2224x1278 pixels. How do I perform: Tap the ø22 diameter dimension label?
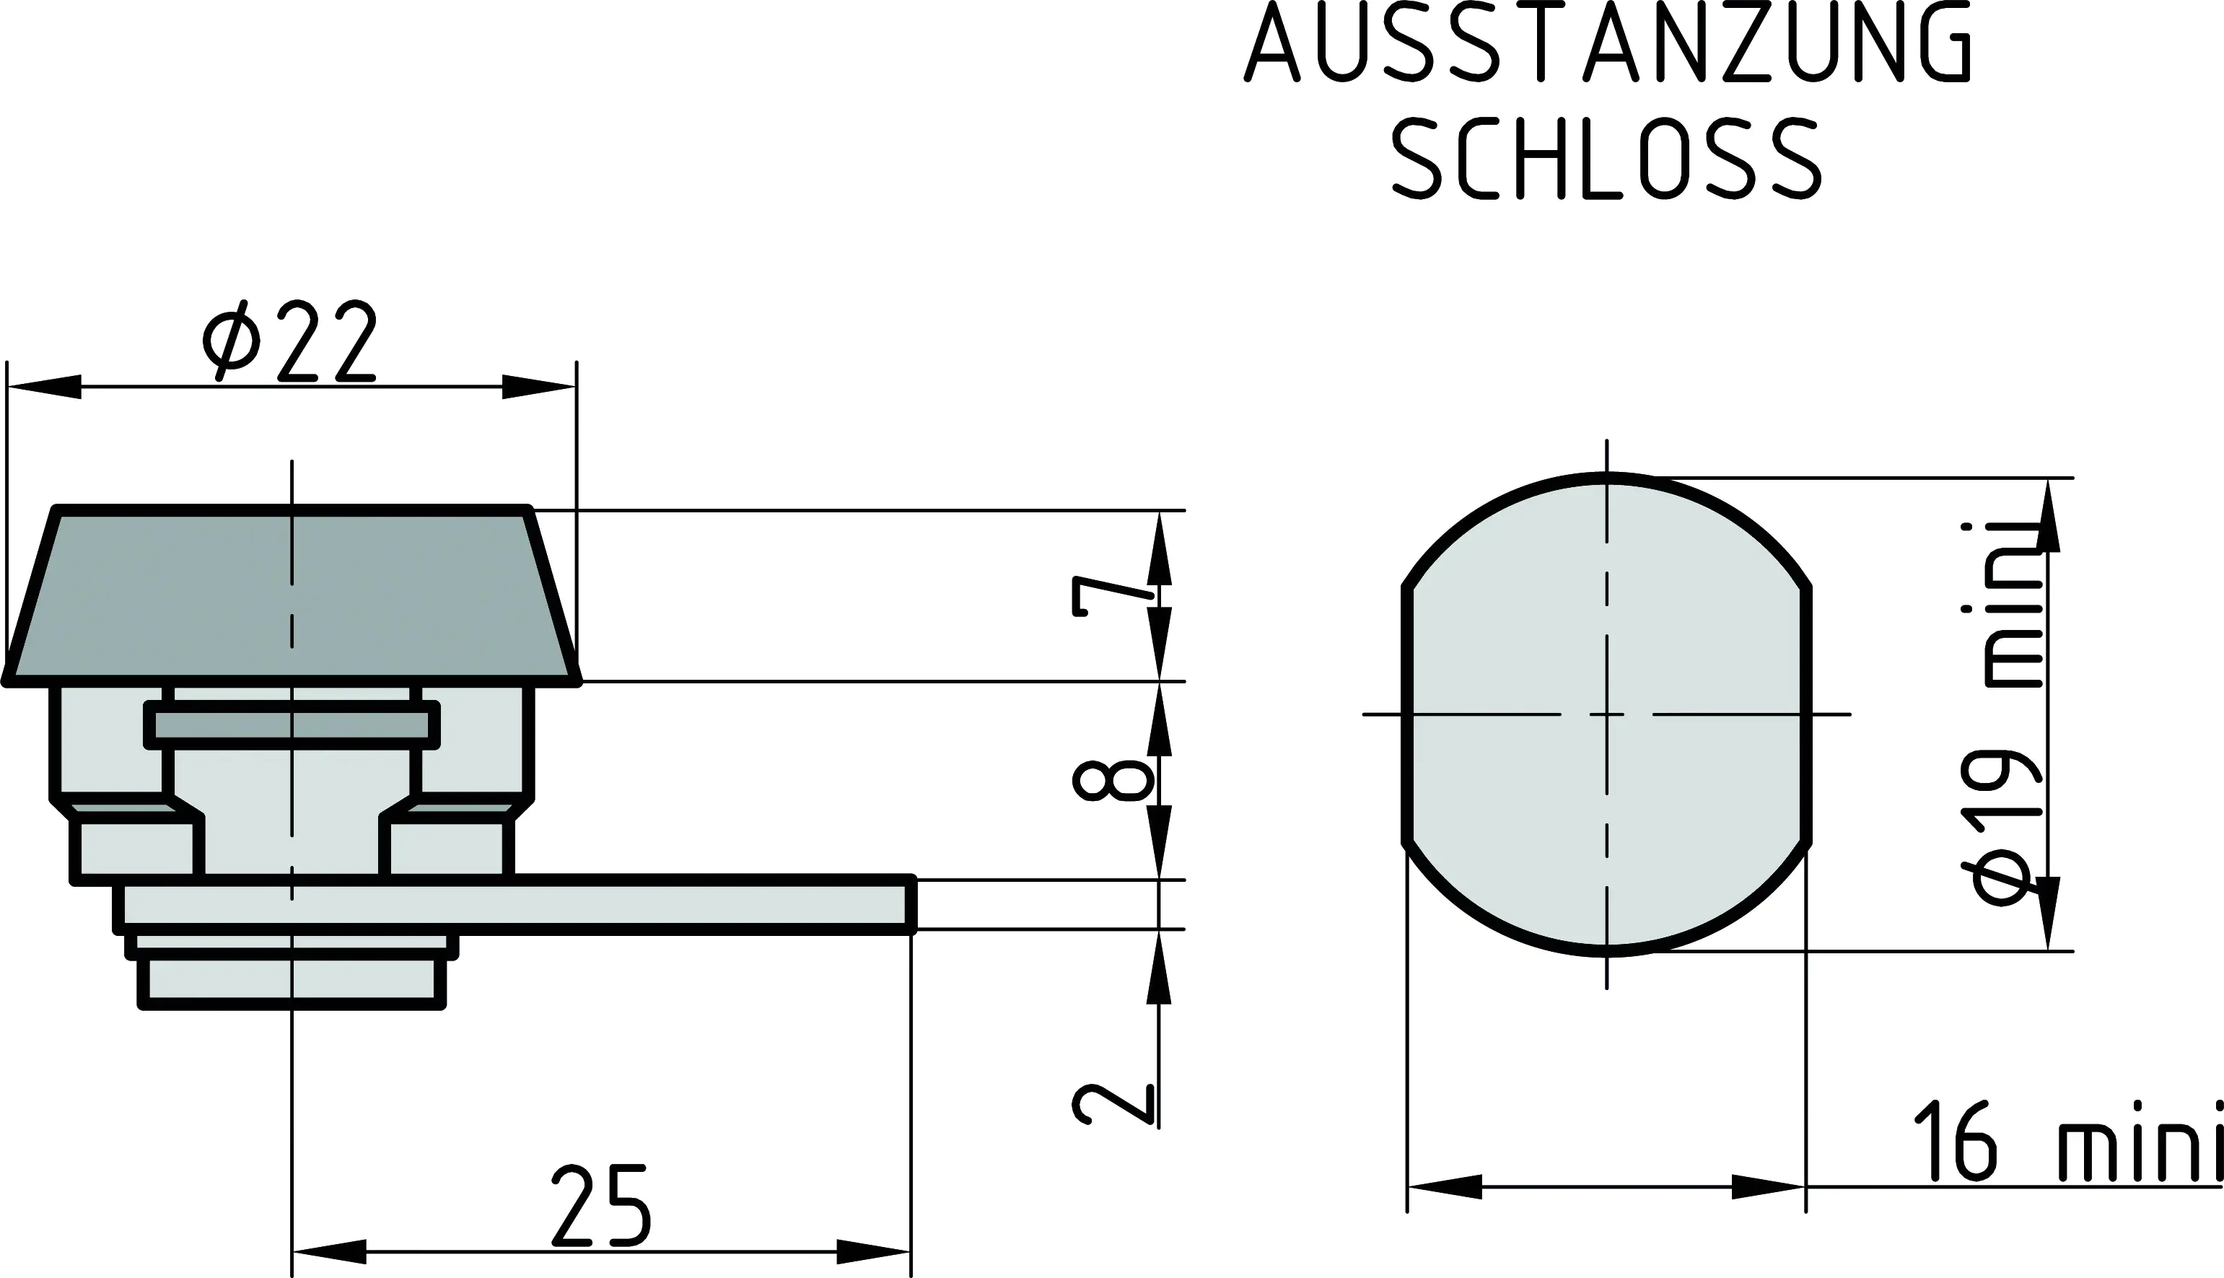289,342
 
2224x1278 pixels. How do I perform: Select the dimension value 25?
602,1206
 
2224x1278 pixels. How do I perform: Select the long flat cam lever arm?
614,905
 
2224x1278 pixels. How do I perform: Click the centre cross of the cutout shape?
1607,714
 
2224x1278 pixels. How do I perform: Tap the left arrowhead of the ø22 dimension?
44,386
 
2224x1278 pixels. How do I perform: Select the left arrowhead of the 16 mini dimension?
1444,1186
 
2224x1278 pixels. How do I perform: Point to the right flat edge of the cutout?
1806,714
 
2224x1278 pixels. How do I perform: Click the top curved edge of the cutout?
1607,478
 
